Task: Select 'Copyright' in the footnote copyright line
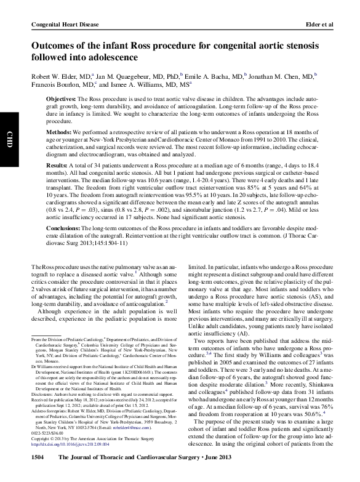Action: click(x=41, y=438)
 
